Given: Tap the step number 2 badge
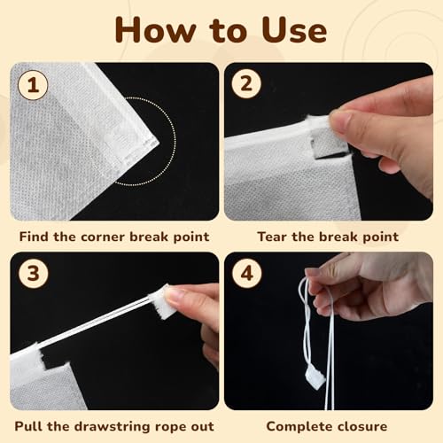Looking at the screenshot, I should click(245, 83).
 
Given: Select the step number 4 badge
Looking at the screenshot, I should click(245, 272).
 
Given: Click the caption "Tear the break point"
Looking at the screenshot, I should click(327, 237).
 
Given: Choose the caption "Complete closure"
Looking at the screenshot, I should click(327, 425).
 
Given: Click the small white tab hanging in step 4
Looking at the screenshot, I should click(317, 377).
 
